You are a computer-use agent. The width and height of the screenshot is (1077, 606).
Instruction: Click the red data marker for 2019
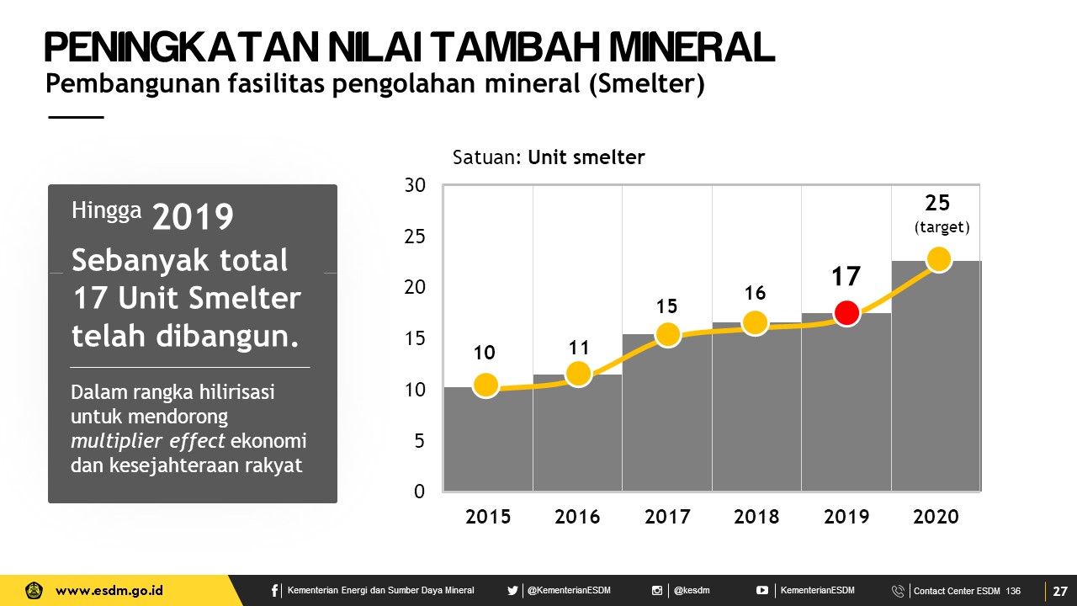pos(846,313)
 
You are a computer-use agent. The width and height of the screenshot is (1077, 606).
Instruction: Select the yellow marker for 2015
pos(485,385)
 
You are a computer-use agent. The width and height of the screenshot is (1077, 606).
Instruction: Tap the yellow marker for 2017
pos(667,334)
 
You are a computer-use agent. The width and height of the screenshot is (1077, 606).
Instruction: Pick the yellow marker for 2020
pos(938,259)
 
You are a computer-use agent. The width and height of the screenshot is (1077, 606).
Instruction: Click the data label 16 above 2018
pos(755,293)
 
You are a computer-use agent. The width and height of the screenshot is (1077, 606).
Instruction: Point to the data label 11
pos(579,348)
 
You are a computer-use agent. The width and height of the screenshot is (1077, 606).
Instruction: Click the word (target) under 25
pos(942,227)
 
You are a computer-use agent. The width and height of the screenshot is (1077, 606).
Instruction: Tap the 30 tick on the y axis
pos(416,185)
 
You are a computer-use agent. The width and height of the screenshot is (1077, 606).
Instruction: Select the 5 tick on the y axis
pos(420,440)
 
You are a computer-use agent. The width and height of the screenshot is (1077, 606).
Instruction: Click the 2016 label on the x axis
pos(577,517)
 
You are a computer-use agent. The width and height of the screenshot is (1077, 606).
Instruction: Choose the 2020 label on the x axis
pos(936,517)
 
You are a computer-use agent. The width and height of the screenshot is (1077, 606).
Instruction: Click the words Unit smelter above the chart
pos(586,157)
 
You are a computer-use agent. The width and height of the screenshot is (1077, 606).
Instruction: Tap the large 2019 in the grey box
pos(193,217)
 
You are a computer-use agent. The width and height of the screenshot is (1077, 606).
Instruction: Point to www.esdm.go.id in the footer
pos(109,591)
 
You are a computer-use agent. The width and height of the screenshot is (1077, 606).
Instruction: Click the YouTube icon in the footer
pos(762,591)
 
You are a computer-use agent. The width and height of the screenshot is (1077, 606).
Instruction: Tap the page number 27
pos(1060,591)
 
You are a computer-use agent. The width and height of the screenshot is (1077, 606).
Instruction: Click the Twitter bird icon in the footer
pos(512,591)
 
